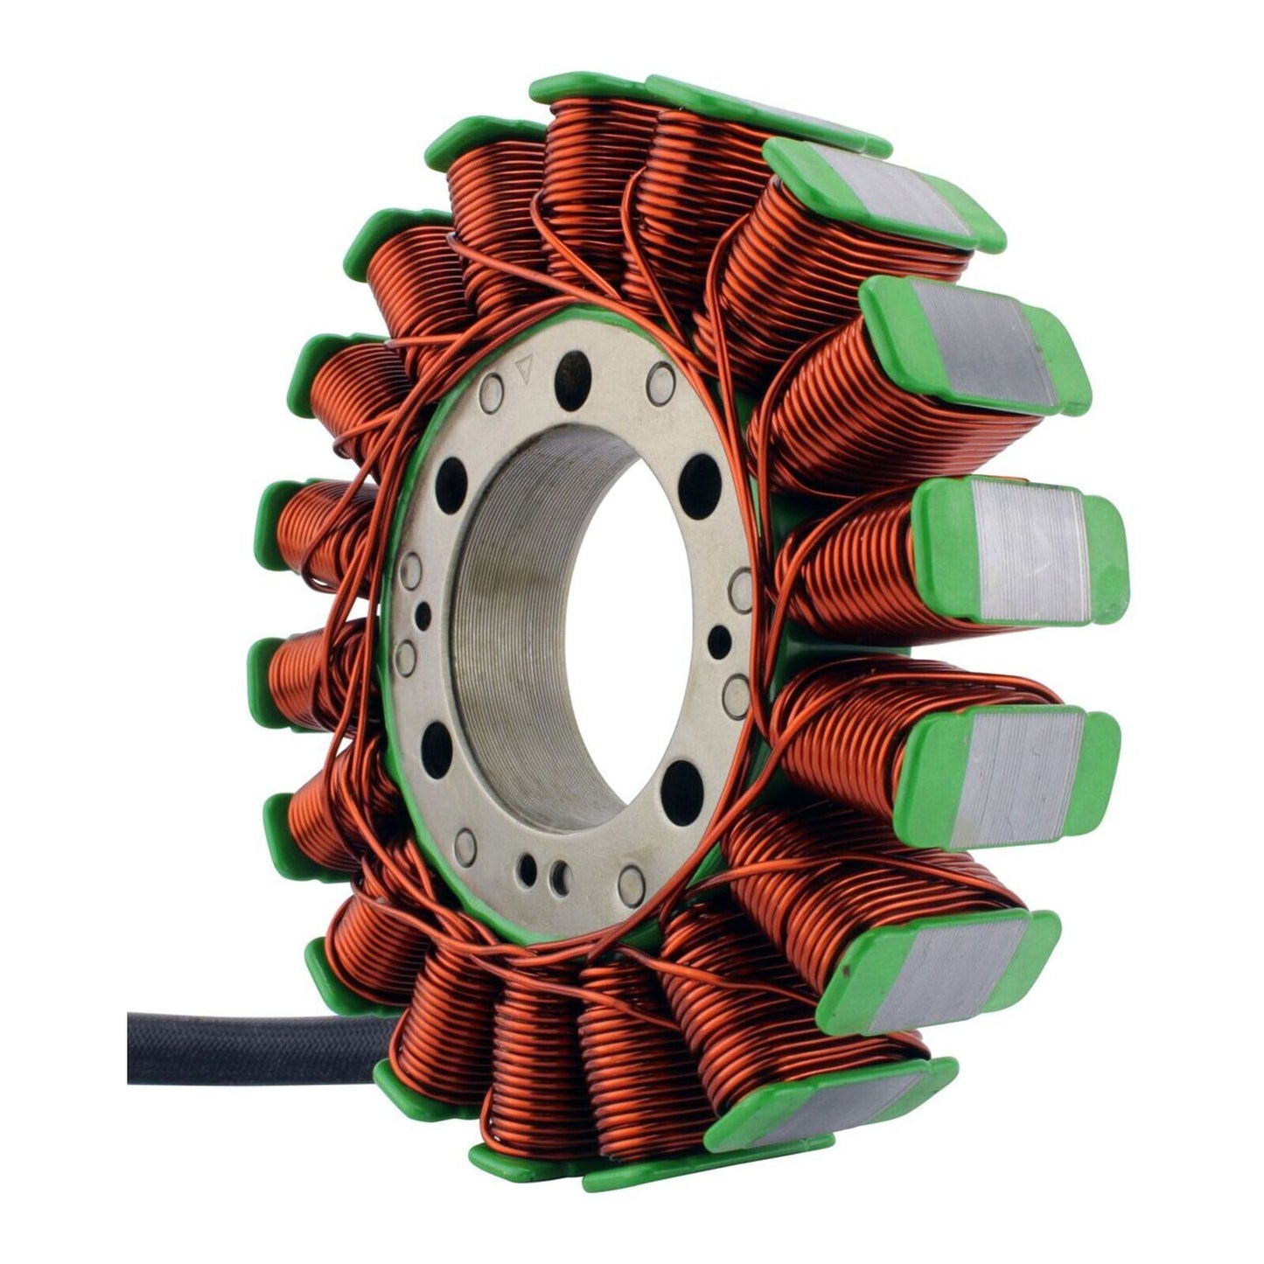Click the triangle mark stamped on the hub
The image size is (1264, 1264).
pos(525,368)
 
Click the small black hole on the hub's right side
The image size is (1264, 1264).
pos(719,641)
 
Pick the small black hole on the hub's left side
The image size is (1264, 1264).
pos(423,612)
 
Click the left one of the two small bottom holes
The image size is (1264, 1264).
pos(528,867)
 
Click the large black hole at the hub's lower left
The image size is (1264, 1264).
pos(436,746)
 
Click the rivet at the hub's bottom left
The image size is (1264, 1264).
pos(465,846)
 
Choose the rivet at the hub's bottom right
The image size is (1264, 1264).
pos(631,884)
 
